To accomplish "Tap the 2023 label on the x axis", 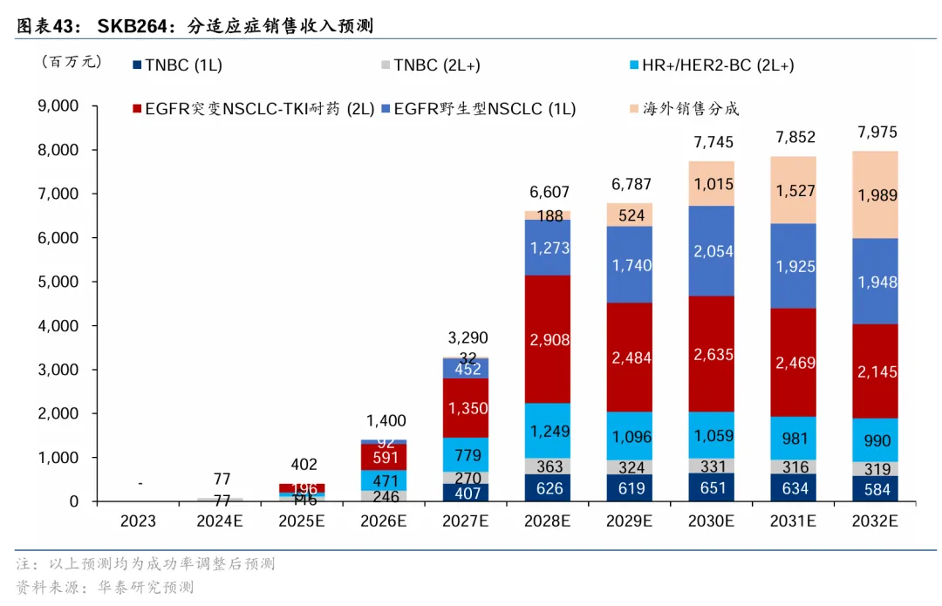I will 138,521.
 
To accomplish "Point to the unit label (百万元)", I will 71,62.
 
